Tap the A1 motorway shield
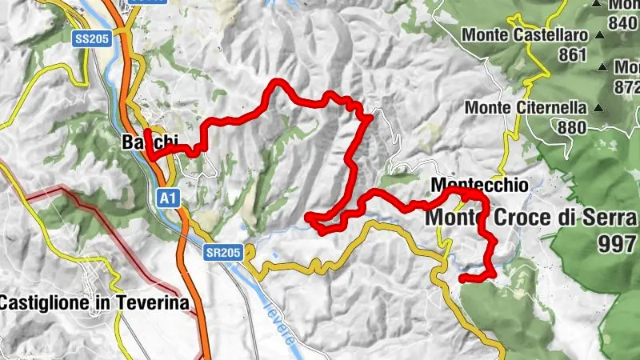[x=166, y=194]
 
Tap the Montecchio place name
[x=479, y=185]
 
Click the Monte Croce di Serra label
[x=531, y=217]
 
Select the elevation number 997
[x=617, y=244]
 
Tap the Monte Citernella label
[x=526, y=107]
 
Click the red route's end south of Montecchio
[x=462, y=278]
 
